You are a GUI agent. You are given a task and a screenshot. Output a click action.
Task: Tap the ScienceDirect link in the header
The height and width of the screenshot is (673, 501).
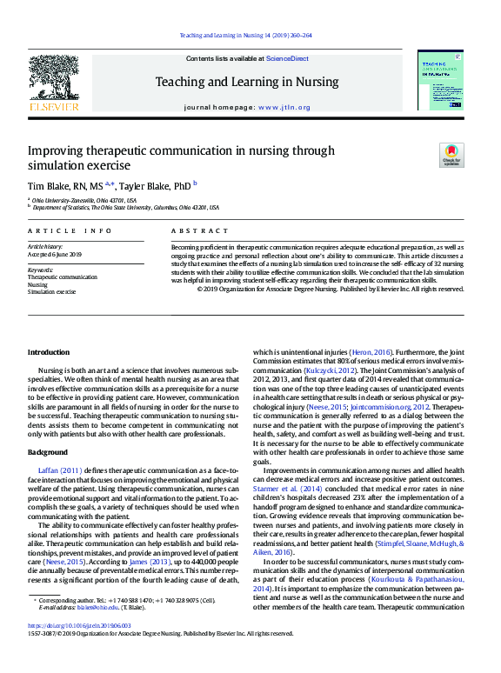pos(287,58)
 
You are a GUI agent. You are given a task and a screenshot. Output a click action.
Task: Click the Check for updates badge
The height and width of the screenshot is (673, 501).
pos(451,155)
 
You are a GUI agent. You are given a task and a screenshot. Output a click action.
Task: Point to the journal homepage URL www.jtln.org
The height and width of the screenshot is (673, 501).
pos(284,107)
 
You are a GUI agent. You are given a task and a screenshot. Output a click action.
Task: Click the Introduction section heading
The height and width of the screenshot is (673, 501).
pos(48,352)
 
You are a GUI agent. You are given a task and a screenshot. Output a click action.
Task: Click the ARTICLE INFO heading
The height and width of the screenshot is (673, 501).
pos(70,230)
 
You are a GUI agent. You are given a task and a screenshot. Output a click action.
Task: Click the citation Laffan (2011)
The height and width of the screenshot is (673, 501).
pos(59,470)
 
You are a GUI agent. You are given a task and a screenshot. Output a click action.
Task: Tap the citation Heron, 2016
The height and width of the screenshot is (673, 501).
pos(367,352)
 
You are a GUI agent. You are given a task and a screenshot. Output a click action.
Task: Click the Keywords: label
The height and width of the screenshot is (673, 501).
pos(41,270)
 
